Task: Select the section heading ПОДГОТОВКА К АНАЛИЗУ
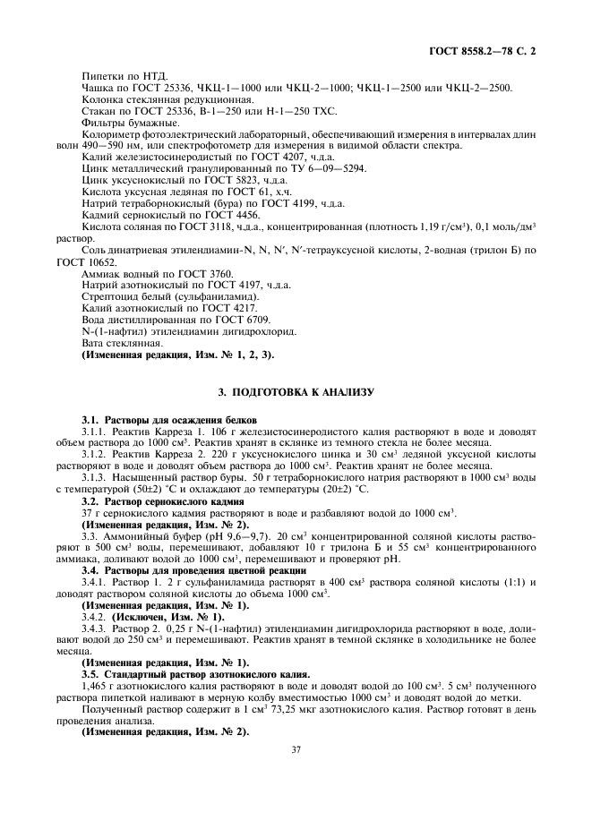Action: click(x=296, y=392)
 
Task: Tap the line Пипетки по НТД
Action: click(x=111, y=77)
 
